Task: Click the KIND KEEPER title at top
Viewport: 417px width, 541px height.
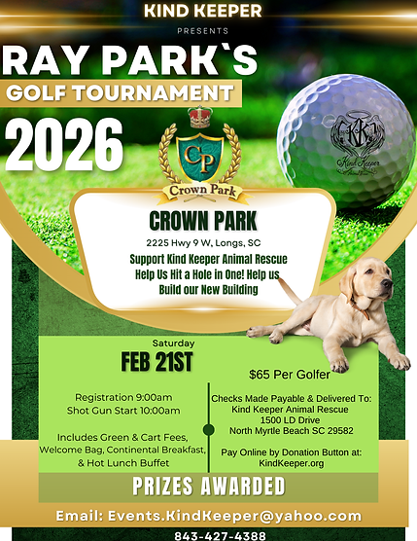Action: pyautogui.click(x=202, y=11)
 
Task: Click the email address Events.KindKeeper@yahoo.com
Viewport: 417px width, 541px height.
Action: pyautogui.click(x=208, y=516)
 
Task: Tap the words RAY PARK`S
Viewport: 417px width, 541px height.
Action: pyautogui.click(x=129, y=61)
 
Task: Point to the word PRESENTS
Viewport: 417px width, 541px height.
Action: pyautogui.click(x=202, y=29)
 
